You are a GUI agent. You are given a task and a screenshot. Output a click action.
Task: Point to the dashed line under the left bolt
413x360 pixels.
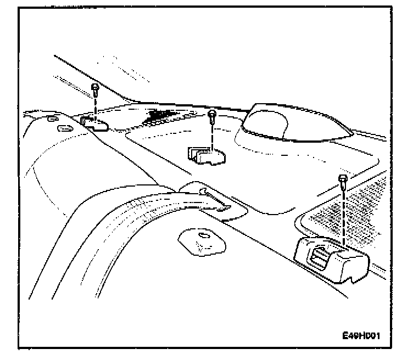[95, 104]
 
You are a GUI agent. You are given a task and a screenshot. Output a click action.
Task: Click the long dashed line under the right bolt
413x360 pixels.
[343, 214]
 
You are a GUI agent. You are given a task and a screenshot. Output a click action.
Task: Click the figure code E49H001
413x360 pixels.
[360, 335]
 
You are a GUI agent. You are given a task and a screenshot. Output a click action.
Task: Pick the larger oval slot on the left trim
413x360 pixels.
[64, 129]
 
